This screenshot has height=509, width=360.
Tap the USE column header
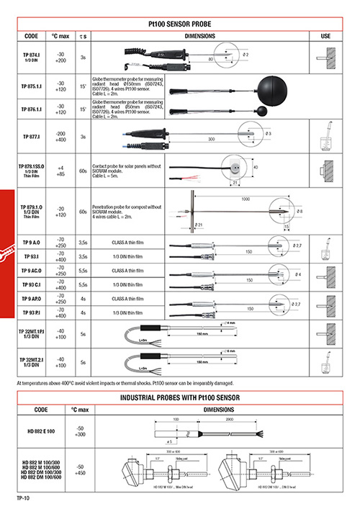click(x=325, y=35)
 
